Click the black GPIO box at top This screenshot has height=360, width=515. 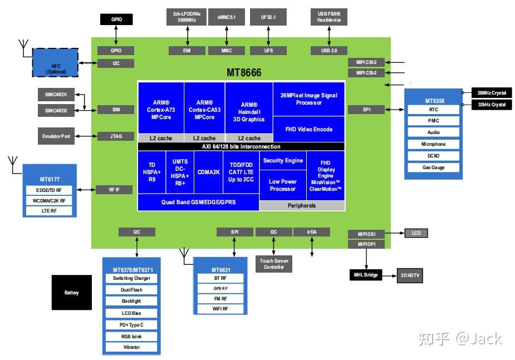116,19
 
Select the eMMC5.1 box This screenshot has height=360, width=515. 227,17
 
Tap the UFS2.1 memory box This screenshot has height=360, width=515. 268,17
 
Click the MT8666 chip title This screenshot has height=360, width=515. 244,73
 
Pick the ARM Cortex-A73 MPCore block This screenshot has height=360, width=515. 161,110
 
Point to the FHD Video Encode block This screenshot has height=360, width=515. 309,129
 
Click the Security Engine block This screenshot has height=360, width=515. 283,161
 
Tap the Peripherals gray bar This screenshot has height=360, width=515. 302,205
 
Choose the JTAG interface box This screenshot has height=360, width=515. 116,136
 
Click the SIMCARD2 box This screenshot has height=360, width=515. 56,111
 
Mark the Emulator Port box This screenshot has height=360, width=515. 57,136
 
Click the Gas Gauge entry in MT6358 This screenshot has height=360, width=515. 433,167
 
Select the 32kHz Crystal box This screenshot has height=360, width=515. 491,105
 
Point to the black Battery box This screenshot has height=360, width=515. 72,293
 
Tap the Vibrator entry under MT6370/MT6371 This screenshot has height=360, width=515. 131,347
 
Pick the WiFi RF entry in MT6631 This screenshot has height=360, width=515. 220,309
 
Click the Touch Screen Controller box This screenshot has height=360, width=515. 274,264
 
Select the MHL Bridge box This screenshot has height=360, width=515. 366,275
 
